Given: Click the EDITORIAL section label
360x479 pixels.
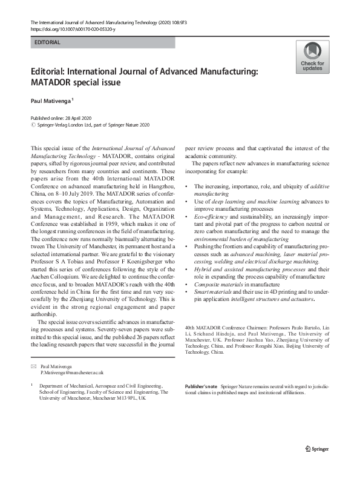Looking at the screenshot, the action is [x=48, y=43].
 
